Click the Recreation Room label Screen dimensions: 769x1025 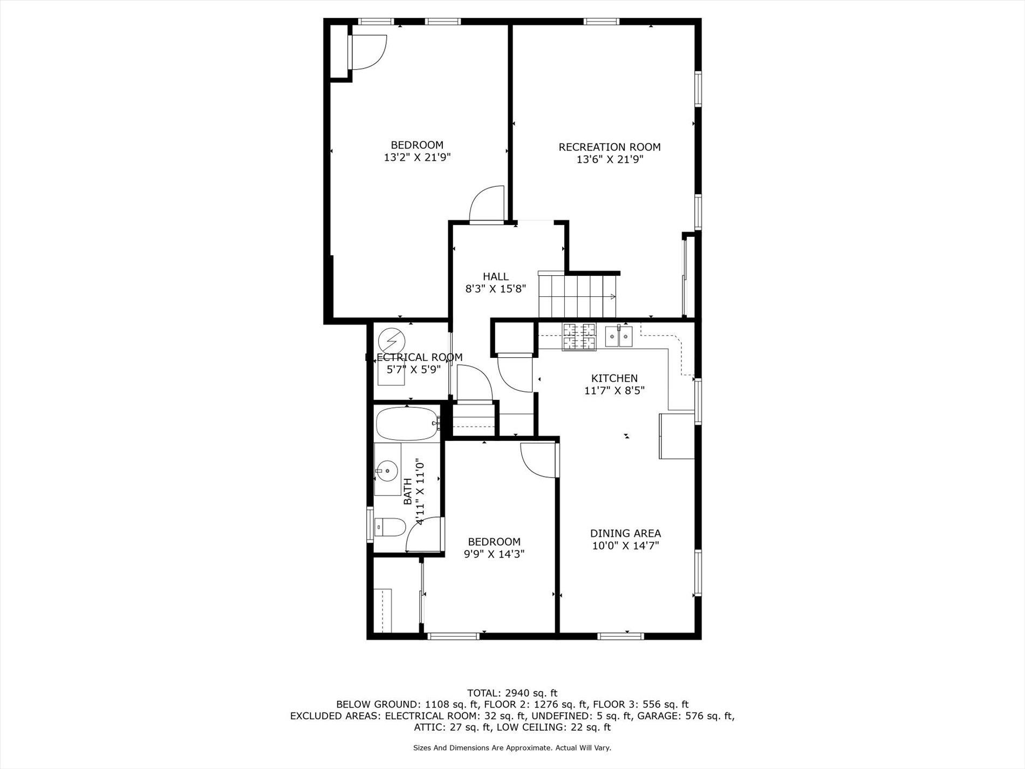point(609,147)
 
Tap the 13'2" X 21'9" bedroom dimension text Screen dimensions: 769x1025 point(417,158)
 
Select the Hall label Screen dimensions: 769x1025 point(495,276)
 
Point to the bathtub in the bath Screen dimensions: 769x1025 point(406,424)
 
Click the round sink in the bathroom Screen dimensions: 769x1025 point(387,471)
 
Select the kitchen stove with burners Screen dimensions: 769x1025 point(579,336)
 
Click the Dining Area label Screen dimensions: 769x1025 point(625,533)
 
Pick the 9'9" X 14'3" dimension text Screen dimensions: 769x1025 point(494,554)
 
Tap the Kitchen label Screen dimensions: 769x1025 point(614,378)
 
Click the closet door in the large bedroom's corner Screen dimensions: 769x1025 point(368,52)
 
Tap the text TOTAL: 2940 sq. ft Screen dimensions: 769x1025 point(511,693)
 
